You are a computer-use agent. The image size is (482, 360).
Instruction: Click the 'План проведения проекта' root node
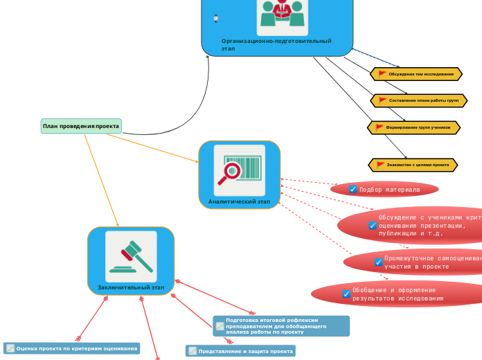pyautogui.click(x=81, y=126)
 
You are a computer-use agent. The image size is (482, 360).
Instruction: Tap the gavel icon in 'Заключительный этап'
pyautogui.click(x=131, y=256)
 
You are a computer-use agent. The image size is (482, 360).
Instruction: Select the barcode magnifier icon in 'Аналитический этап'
pyautogui.click(x=240, y=170)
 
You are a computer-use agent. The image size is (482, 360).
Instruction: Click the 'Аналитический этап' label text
pyautogui.click(x=240, y=202)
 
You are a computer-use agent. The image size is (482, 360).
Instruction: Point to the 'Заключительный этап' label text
pyautogui.click(x=131, y=287)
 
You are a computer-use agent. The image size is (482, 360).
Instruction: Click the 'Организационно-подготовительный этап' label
pyautogui.click(x=276, y=45)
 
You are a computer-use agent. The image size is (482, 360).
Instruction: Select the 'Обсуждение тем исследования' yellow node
pyautogui.click(x=416, y=73)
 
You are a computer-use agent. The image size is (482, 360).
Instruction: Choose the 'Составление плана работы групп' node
pyautogui.click(x=419, y=100)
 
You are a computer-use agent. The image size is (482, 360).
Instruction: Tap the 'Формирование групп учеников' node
pyautogui.click(x=413, y=127)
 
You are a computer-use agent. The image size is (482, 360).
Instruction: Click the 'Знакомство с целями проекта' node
pyautogui.click(x=413, y=165)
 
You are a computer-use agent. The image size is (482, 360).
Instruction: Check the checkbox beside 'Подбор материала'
pyautogui.click(x=353, y=189)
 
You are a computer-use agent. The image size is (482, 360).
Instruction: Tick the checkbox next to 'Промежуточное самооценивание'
pyautogui.click(x=378, y=262)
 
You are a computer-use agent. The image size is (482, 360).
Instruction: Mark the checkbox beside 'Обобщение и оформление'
pyautogui.click(x=346, y=294)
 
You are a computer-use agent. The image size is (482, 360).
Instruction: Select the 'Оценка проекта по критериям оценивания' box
pyautogui.click(x=71, y=348)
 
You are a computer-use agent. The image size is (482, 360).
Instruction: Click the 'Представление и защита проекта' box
pyautogui.click(x=240, y=351)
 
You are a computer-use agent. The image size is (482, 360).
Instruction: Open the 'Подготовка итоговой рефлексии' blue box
pyautogui.click(x=281, y=326)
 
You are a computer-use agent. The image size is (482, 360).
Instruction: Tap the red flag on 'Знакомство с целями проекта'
pyautogui.click(x=380, y=165)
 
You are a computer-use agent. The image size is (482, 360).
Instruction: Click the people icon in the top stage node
pyautogui.click(x=282, y=14)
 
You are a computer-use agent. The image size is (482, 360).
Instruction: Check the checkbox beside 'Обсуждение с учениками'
pyautogui.click(x=373, y=225)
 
